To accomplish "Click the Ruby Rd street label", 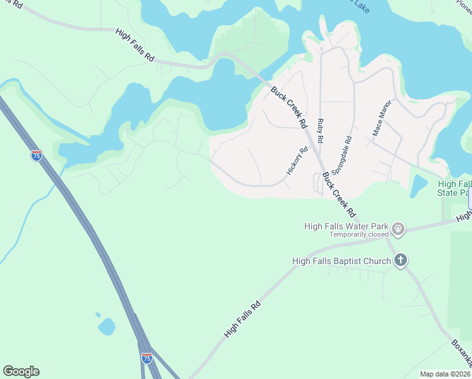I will click(x=321, y=130).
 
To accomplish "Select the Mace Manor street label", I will click(x=382, y=118).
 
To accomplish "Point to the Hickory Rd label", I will click(x=297, y=161).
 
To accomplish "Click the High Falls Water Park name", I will click(x=346, y=225).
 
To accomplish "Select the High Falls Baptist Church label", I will click(x=341, y=260).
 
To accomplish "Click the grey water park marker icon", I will click(x=398, y=228).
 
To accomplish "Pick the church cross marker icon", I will click(x=400, y=260).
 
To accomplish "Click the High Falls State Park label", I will click(x=454, y=188).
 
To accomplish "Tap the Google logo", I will click(x=21, y=371).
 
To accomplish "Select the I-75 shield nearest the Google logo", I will click(x=146, y=358).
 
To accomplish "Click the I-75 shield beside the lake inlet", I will click(x=37, y=155).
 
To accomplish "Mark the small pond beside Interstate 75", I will click(x=106, y=326).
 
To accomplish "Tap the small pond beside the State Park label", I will click(x=418, y=186).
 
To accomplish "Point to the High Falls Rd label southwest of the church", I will click(x=243, y=320).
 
